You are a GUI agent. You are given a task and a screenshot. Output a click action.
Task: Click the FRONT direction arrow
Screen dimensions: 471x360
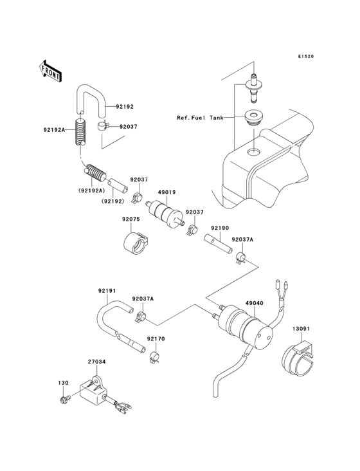coord(50,70)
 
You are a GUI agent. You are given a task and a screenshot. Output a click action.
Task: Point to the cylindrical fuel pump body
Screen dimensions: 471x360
coord(244,324)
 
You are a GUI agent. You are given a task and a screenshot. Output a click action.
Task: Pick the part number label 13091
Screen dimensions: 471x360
coord(301,329)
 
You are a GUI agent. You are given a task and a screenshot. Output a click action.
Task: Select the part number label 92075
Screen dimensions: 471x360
coord(132,219)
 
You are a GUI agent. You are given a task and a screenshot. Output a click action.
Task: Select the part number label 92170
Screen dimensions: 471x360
coord(155,338)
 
